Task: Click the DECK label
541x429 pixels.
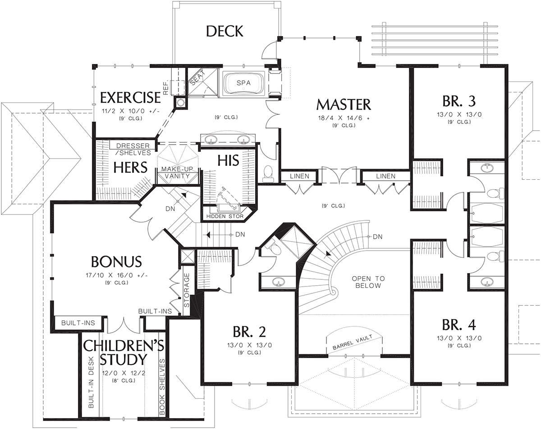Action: (225, 31)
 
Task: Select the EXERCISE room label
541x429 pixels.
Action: (130, 97)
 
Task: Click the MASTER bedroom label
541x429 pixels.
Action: (344, 105)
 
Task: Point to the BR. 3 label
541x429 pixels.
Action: (459, 101)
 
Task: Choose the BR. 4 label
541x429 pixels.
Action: (459, 325)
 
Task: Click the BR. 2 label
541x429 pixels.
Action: (249, 332)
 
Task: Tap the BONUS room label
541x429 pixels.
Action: (116, 262)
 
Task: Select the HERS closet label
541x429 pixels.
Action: (130, 167)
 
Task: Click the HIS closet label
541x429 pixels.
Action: (228, 160)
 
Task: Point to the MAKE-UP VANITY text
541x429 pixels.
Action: (177, 173)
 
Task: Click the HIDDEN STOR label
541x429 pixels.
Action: (225, 216)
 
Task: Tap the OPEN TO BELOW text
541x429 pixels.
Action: (368, 282)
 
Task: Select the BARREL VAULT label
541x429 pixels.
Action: (352, 342)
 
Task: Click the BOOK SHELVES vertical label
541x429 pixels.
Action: (162, 387)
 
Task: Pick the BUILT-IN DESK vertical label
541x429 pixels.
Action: (91, 382)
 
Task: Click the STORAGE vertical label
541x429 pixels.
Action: (187, 290)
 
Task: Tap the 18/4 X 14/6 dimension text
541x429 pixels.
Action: (344, 118)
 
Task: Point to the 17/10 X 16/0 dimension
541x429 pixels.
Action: (116, 275)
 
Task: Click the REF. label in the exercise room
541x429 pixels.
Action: (165, 88)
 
